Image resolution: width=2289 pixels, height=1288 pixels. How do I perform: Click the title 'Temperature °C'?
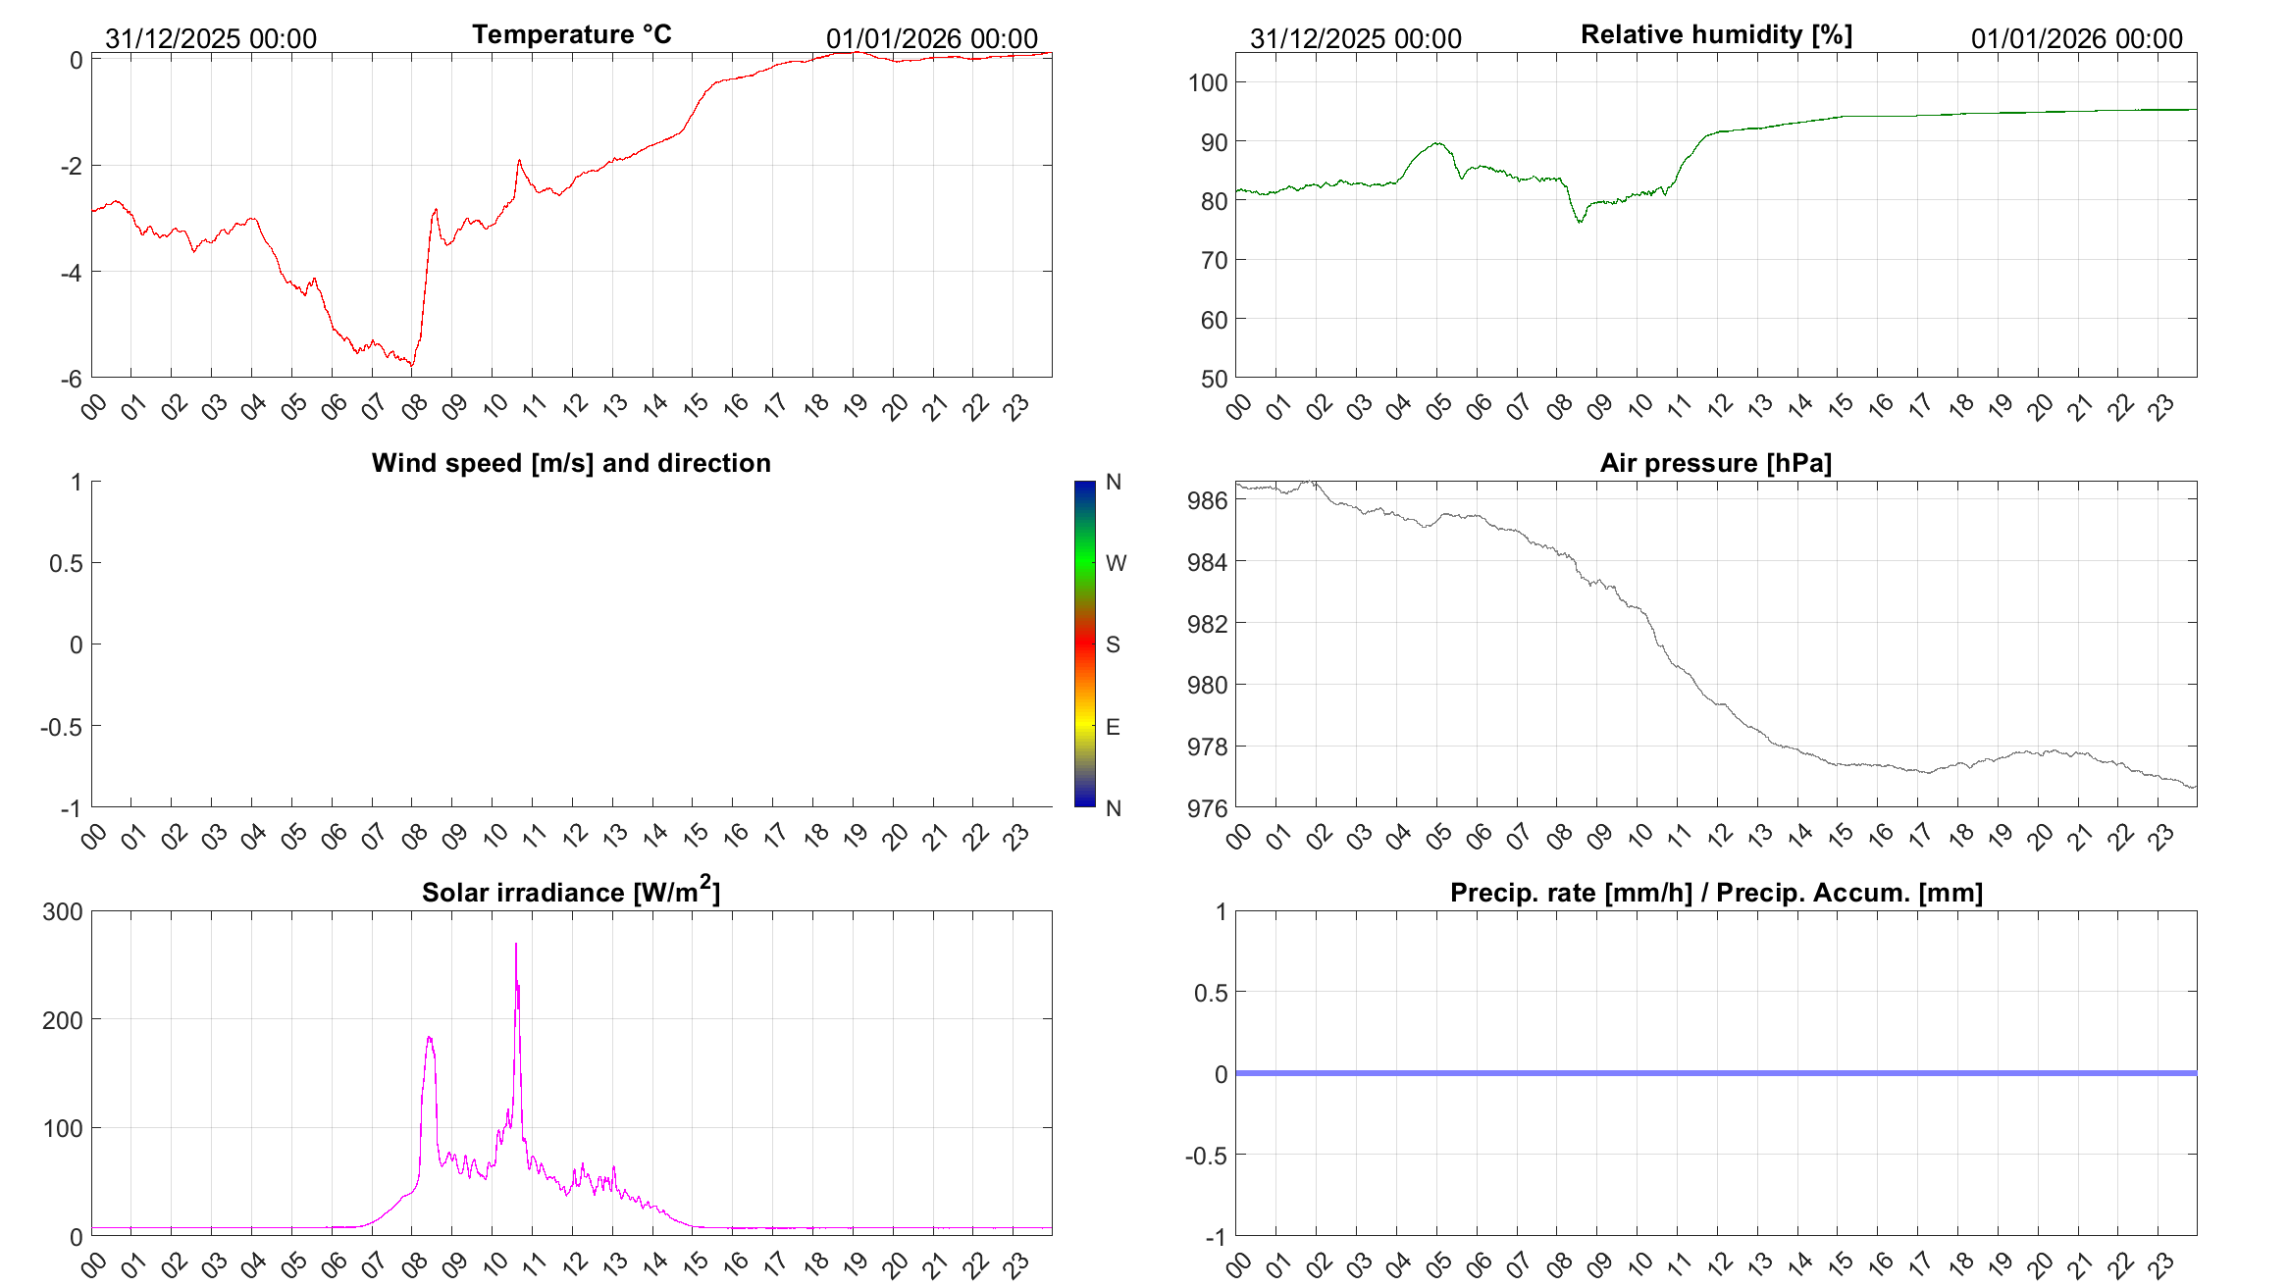571,35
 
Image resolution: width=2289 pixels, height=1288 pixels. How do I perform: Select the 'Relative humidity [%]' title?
1716,35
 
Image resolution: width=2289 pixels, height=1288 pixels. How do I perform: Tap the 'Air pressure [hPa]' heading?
1715,463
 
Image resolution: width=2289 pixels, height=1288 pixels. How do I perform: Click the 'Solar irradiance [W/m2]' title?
571,892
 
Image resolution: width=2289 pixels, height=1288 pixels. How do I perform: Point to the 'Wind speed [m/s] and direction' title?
571,463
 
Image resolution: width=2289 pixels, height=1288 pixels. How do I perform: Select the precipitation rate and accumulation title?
1716,893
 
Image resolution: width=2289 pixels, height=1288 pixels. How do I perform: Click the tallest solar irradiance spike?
516,946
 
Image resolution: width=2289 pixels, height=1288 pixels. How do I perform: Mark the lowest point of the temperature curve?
412,366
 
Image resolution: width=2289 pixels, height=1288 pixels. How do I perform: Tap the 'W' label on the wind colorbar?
1116,563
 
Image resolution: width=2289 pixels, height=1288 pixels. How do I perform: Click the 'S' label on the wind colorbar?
1113,644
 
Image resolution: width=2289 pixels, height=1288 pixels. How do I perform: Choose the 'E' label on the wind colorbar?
1113,727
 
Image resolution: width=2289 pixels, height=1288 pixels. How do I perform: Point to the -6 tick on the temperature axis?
71,380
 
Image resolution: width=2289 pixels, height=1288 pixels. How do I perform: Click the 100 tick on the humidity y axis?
1208,82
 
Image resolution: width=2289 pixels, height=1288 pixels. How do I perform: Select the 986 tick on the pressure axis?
1207,500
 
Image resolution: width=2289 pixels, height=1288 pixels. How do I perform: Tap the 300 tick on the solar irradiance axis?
63,911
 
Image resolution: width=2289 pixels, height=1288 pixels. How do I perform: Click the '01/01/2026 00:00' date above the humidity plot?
2076,39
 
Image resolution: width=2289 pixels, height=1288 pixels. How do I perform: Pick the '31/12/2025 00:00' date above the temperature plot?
211,39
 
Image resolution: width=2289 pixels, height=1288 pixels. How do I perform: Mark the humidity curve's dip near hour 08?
1580,222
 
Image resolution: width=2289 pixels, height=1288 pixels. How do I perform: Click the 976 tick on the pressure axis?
1207,808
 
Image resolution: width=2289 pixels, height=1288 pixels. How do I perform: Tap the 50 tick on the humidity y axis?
1214,379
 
